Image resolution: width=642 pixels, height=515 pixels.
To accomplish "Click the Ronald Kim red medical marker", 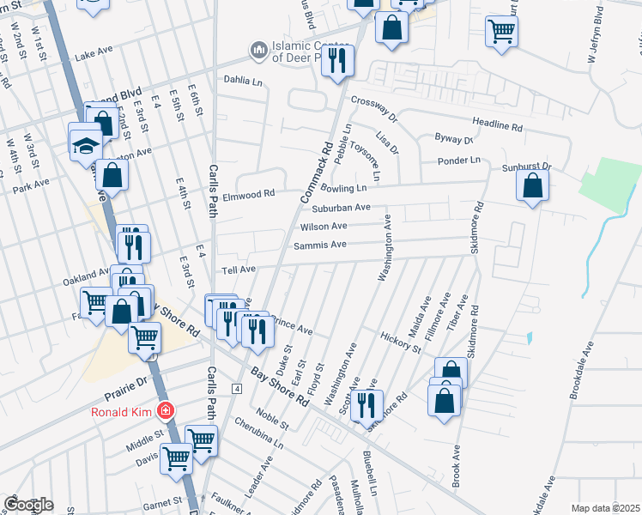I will coord(165,412).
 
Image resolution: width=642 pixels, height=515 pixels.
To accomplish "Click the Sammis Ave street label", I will coord(319,245).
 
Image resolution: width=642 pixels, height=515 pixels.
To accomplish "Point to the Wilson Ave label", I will coord(323,227).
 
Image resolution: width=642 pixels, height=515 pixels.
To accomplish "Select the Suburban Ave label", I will coord(341,207).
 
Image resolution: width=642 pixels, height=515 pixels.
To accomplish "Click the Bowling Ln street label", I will coord(350,187).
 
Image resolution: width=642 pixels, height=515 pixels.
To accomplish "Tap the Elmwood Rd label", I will coord(248,194).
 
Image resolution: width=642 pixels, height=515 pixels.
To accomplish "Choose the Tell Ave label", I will coord(239,270).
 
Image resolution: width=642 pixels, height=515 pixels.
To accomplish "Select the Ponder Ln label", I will coord(457,161).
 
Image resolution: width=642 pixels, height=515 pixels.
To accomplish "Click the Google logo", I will coord(29,505).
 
